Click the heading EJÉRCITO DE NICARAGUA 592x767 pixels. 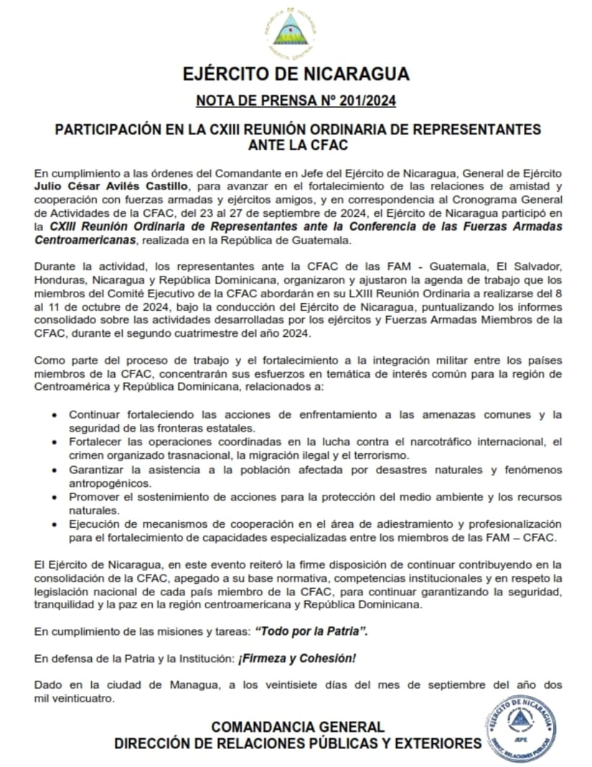pos(296,74)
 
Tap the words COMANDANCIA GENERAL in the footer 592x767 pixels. pos(297,727)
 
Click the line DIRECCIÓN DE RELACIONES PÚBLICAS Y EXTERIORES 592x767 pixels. pos(297,744)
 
